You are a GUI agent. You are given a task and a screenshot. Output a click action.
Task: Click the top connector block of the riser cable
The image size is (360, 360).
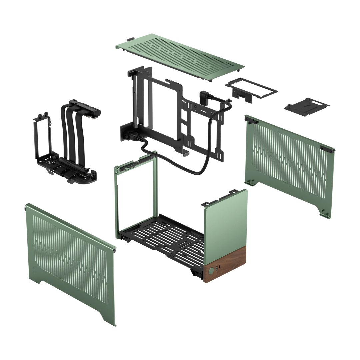click(85, 106)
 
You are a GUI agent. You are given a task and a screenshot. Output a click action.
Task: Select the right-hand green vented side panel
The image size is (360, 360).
click(290, 163)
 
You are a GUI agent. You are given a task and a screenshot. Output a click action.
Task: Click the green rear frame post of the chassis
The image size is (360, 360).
click(118, 200)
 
